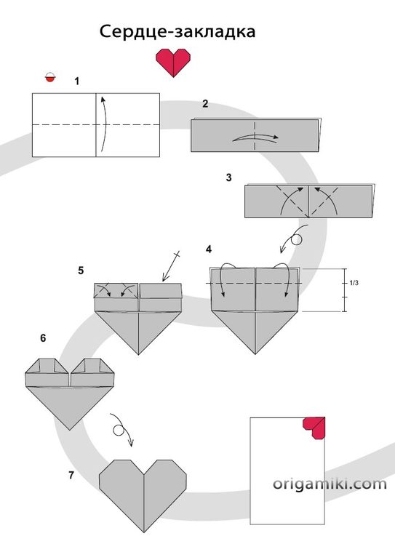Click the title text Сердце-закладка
coord(177,31)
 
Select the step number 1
coord(77,81)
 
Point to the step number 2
coord(205,104)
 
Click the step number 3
coord(229,177)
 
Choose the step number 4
coord(209,249)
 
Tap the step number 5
coord(81,271)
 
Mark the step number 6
coord(43,338)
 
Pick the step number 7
coord(71,476)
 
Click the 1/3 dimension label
coord(354,283)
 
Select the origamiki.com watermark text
coord(330,484)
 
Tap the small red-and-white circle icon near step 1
coord(50,77)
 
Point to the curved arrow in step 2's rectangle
coord(255,137)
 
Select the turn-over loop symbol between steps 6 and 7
coord(121,429)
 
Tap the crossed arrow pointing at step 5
coord(171,266)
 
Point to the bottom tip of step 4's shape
coord(255,354)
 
